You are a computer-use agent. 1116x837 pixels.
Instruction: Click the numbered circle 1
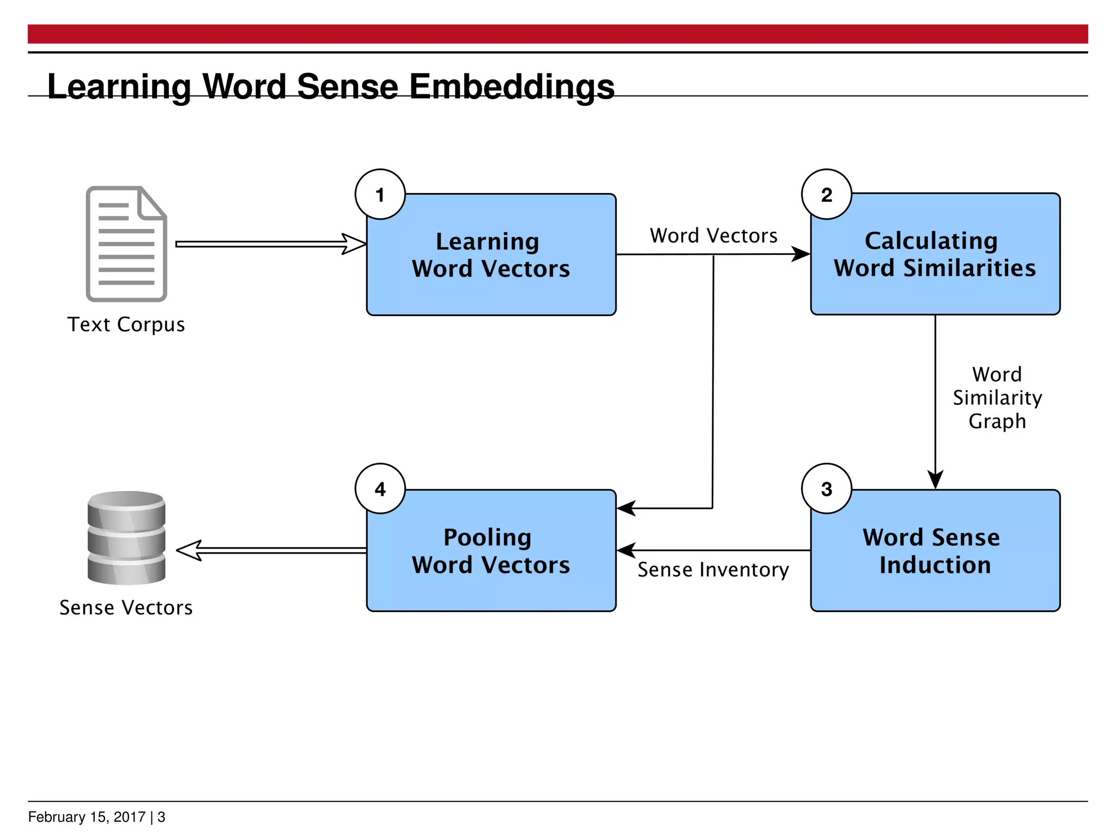point(380,195)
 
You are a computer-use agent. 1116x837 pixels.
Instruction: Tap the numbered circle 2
point(826,195)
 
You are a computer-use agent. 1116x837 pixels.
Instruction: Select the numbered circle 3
point(826,489)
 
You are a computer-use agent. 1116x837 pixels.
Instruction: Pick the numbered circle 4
point(380,489)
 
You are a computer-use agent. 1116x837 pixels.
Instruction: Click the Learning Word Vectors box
point(491,255)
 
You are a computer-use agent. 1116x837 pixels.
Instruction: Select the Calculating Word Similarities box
point(935,254)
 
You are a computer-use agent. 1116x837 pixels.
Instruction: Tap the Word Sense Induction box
point(935,551)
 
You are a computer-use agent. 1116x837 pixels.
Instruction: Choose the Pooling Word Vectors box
point(491,551)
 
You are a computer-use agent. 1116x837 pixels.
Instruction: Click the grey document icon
point(126,244)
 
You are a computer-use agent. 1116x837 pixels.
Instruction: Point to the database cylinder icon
point(126,538)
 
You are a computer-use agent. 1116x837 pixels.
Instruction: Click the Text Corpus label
point(126,325)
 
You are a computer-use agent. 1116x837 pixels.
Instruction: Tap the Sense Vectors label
point(126,608)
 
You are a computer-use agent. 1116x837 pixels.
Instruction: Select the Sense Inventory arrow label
point(713,570)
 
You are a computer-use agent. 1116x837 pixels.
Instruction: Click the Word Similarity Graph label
point(997,398)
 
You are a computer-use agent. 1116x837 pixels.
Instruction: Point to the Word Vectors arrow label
point(713,236)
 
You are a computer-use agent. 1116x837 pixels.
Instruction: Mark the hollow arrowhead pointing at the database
point(189,550)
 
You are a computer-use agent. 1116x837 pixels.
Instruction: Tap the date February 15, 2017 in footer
point(87,817)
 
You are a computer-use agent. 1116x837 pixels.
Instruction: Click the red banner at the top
point(558,34)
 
